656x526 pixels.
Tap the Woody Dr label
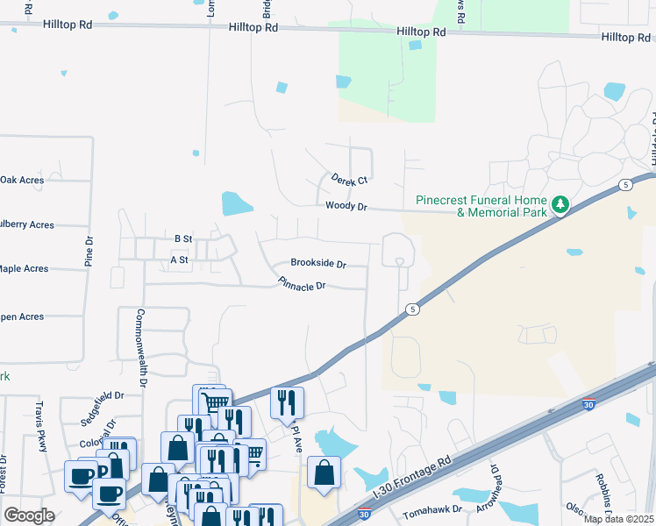(x=345, y=206)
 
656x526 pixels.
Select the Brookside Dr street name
(x=319, y=263)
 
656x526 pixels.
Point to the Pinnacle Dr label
(x=302, y=285)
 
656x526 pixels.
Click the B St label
(x=183, y=238)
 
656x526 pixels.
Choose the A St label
(x=180, y=259)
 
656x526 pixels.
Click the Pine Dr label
(x=89, y=252)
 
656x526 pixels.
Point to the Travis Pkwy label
(x=39, y=427)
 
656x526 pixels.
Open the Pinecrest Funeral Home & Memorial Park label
(x=481, y=206)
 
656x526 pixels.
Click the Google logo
(x=30, y=515)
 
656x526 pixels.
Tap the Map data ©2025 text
(x=617, y=519)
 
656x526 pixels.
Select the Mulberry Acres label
(x=27, y=224)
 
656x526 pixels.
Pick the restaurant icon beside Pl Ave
(x=287, y=402)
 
